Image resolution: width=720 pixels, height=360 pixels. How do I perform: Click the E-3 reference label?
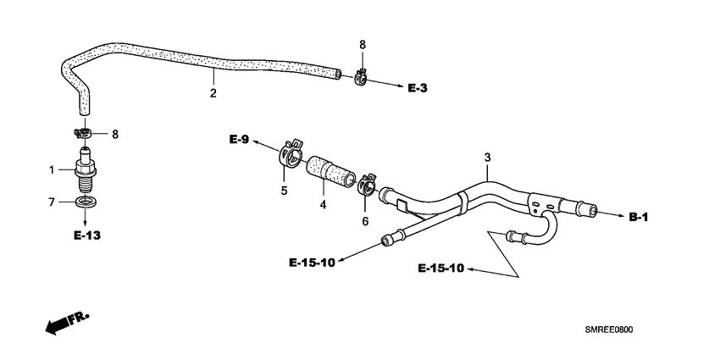(x=418, y=87)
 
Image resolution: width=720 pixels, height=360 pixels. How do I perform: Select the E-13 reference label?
(x=86, y=235)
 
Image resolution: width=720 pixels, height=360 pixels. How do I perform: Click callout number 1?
(x=52, y=169)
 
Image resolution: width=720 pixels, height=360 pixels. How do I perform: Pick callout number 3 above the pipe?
(x=487, y=158)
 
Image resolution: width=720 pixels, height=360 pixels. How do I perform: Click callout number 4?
(x=322, y=205)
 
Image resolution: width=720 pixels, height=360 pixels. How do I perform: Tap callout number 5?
(x=284, y=191)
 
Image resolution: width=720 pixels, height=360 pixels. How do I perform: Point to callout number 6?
(x=365, y=220)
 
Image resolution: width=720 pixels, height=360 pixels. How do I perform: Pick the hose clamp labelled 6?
(x=368, y=184)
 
